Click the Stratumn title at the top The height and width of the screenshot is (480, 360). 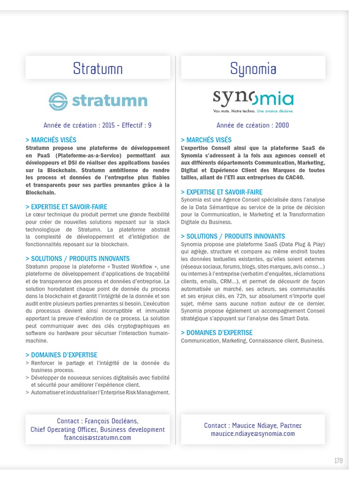[x=97, y=69]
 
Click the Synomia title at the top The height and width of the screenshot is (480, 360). [x=253, y=69]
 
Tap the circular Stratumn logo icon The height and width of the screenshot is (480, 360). [x=59, y=101]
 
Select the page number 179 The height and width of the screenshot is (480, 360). [x=338, y=461]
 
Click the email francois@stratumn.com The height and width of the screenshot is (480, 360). [x=97, y=437]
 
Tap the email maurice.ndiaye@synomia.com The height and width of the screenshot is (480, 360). [x=253, y=434]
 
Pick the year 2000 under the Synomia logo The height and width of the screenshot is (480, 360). [x=281, y=125]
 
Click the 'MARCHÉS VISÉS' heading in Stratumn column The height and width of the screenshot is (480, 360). [x=51, y=140]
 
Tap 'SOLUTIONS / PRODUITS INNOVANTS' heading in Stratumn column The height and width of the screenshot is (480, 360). [x=77, y=258]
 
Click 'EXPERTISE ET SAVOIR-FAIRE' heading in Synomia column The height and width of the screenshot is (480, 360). [x=222, y=192]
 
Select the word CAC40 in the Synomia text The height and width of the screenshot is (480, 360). [x=294, y=178]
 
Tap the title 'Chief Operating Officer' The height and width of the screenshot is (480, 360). [x=64, y=429]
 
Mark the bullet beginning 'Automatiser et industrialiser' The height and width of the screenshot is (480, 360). [x=100, y=392]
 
